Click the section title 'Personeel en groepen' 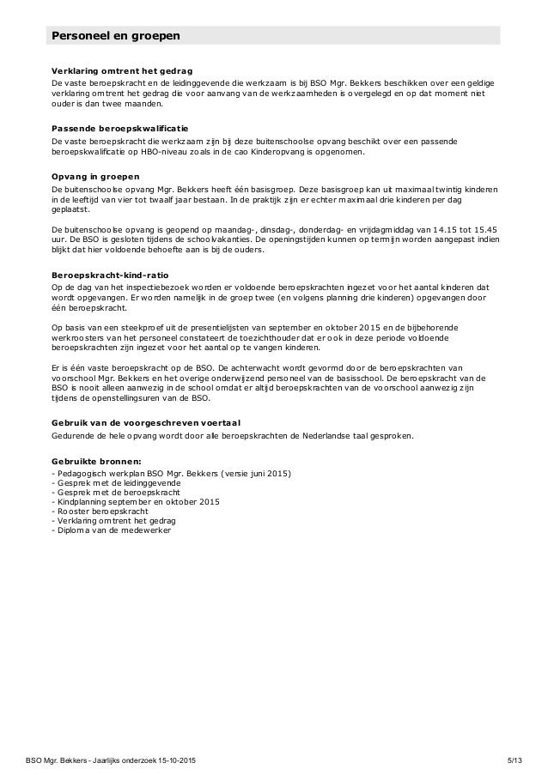click(115, 36)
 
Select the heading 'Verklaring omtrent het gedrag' click(122, 70)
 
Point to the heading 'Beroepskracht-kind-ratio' click(108, 275)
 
